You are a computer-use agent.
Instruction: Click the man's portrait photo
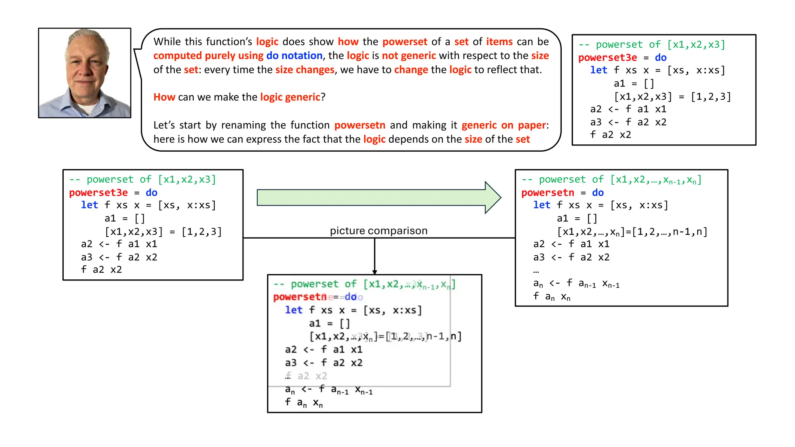pos(85,73)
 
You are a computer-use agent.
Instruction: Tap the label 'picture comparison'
pos(378,231)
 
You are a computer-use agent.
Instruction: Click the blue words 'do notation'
pos(294,55)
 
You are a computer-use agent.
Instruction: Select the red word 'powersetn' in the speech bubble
pos(359,125)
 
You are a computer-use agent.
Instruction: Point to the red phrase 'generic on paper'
pos(503,125)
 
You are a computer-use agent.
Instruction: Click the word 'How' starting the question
pos(164,97)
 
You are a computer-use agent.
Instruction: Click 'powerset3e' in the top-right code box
pos(608,57)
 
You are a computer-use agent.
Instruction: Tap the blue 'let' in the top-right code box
pos(599,70)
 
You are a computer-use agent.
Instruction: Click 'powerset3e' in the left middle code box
pos(98,192)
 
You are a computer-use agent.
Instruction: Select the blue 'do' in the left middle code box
pos(151,192)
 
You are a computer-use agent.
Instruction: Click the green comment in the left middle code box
pos(142,179)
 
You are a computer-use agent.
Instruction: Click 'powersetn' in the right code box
pos(547,192)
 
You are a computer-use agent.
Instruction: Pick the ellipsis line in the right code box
pos(536,271)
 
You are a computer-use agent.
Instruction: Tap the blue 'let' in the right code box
pos(542,205)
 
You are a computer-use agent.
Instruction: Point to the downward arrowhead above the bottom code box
pos(375,272)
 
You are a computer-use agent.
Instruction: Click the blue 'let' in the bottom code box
pos(293,310)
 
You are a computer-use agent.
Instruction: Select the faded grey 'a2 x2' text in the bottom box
pos(312,376)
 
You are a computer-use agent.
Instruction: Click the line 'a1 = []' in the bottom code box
pos(330,323)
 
